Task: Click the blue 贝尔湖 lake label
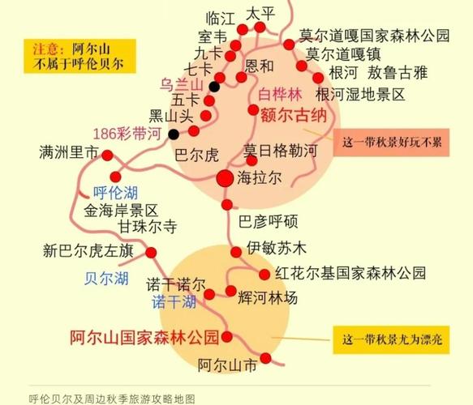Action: click(x=106, y=278)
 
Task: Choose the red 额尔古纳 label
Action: click(x=293, y=116)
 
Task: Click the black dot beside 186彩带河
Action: click(x=173, y=134)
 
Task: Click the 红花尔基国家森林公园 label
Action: click(x=350, y=272)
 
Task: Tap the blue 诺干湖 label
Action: click(x=174, y=302)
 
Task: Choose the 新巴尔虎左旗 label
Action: click(x=88, y=251)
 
